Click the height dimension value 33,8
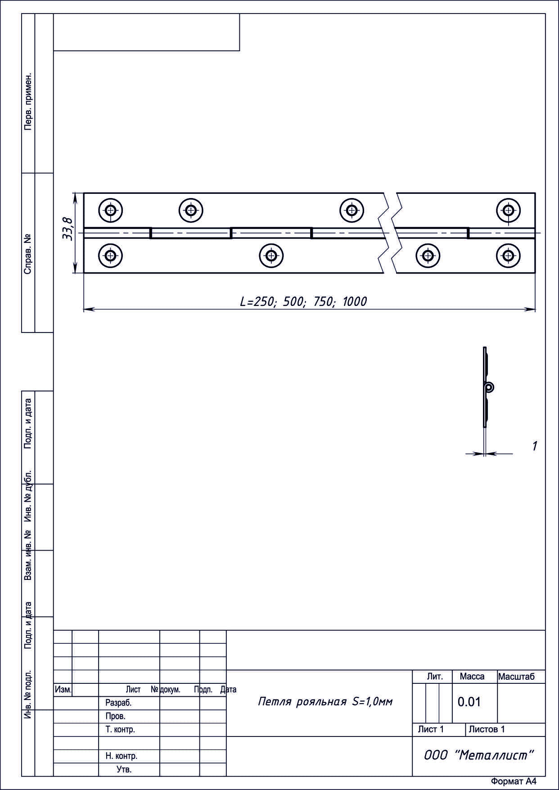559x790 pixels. click(68, 229)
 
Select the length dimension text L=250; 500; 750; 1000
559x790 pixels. click(303, 301)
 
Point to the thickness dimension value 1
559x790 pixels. click(535, 446)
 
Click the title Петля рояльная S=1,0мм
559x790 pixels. click(325, 701)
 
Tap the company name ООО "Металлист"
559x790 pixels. click(479, 755)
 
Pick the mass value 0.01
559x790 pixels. click(469, 702)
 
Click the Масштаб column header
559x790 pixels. click(516, 677)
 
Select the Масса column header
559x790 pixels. click(472, 677)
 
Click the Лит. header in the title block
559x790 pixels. click(435, 677)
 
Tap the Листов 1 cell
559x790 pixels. click(487, 729)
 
